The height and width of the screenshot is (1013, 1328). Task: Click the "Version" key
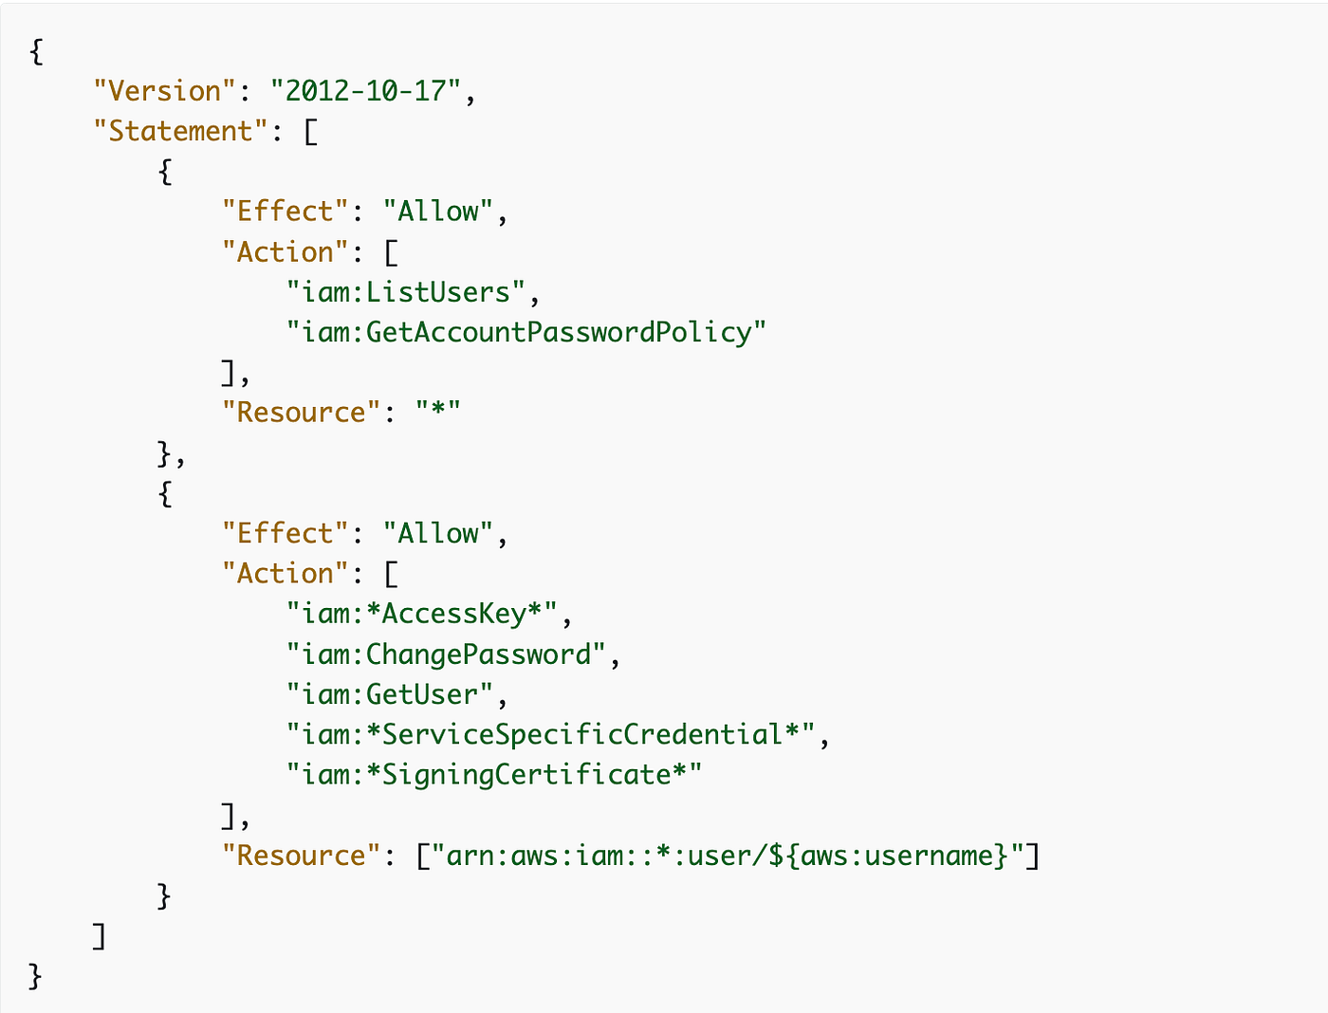[164, 91]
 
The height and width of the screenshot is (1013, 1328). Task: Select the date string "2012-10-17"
[365, 91]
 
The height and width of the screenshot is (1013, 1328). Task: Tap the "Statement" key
[180, 131]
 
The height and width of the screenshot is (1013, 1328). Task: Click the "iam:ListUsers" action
[405, 292]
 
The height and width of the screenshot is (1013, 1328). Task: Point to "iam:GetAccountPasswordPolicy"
[526, 333]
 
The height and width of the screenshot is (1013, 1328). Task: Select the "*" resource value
[438, 412]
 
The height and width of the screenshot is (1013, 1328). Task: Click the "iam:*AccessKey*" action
[422, 614]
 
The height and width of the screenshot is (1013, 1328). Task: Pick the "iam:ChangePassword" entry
[446, 654]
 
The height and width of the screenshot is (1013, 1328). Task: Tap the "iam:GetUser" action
[390, 694]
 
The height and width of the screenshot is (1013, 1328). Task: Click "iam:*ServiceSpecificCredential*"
[550, 735]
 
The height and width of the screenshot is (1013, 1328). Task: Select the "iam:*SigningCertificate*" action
[494, 775]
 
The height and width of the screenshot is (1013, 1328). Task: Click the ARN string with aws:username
[728, 856]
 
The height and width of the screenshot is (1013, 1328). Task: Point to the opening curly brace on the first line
[36, 51]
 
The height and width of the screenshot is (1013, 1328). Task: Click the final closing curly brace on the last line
[35, 976]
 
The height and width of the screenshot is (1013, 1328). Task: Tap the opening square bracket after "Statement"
[311, 132]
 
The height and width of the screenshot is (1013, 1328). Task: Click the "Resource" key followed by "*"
[301, 412]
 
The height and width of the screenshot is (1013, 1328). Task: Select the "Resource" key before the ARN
[301, 856]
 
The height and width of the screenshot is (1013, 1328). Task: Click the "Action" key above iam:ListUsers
[285, 251]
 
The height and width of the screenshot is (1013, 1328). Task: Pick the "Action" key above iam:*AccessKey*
[285, 573]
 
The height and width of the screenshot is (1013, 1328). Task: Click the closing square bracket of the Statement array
[100, 936]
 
